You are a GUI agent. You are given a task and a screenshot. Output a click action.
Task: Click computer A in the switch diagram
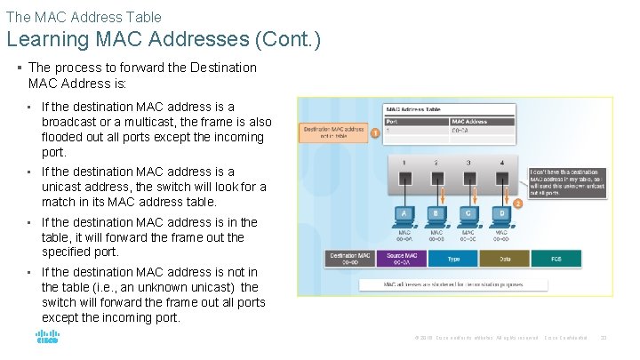(x=404, y=213)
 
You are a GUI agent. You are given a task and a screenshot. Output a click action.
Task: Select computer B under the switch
(x=436, y=213)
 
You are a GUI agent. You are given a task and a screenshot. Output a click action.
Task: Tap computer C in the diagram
(x=468, y=213)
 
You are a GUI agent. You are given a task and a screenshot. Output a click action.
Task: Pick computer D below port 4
(x=500, y=213)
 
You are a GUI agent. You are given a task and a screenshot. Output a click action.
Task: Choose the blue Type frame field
(x=453, y=258)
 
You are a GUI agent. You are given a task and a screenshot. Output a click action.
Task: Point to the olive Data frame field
(x=504, y=258)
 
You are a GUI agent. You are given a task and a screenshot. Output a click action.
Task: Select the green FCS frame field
(x=556, y=258)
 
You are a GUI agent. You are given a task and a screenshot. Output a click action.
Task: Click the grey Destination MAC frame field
(x=349, y=258)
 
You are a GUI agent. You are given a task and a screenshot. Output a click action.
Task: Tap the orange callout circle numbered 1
(x=375, y=133)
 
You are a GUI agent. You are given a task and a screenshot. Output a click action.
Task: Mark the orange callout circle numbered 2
(x=517, y=203)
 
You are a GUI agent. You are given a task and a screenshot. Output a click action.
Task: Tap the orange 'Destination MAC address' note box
(x=333, y=132)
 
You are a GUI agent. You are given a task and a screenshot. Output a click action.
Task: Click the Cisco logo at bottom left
(x=47, y=337)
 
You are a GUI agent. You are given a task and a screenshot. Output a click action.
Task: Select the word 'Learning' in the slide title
(x=45, y=39)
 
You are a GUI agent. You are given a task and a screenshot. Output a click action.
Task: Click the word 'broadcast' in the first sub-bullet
(x=71, y=122)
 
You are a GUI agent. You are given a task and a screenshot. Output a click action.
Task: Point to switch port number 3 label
(x=468, y=163)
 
